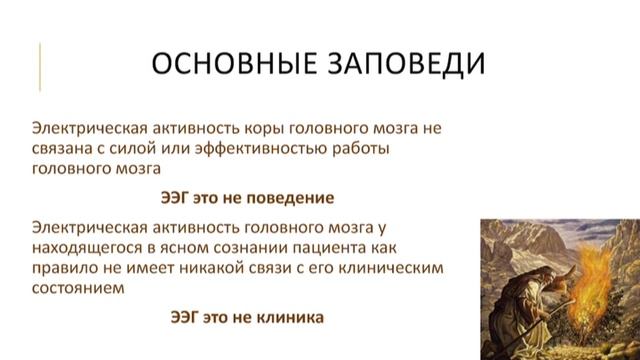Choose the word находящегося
pyautogui.click(x=88, y=247)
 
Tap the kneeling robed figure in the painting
pyautogui.click(x=527, y=300)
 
